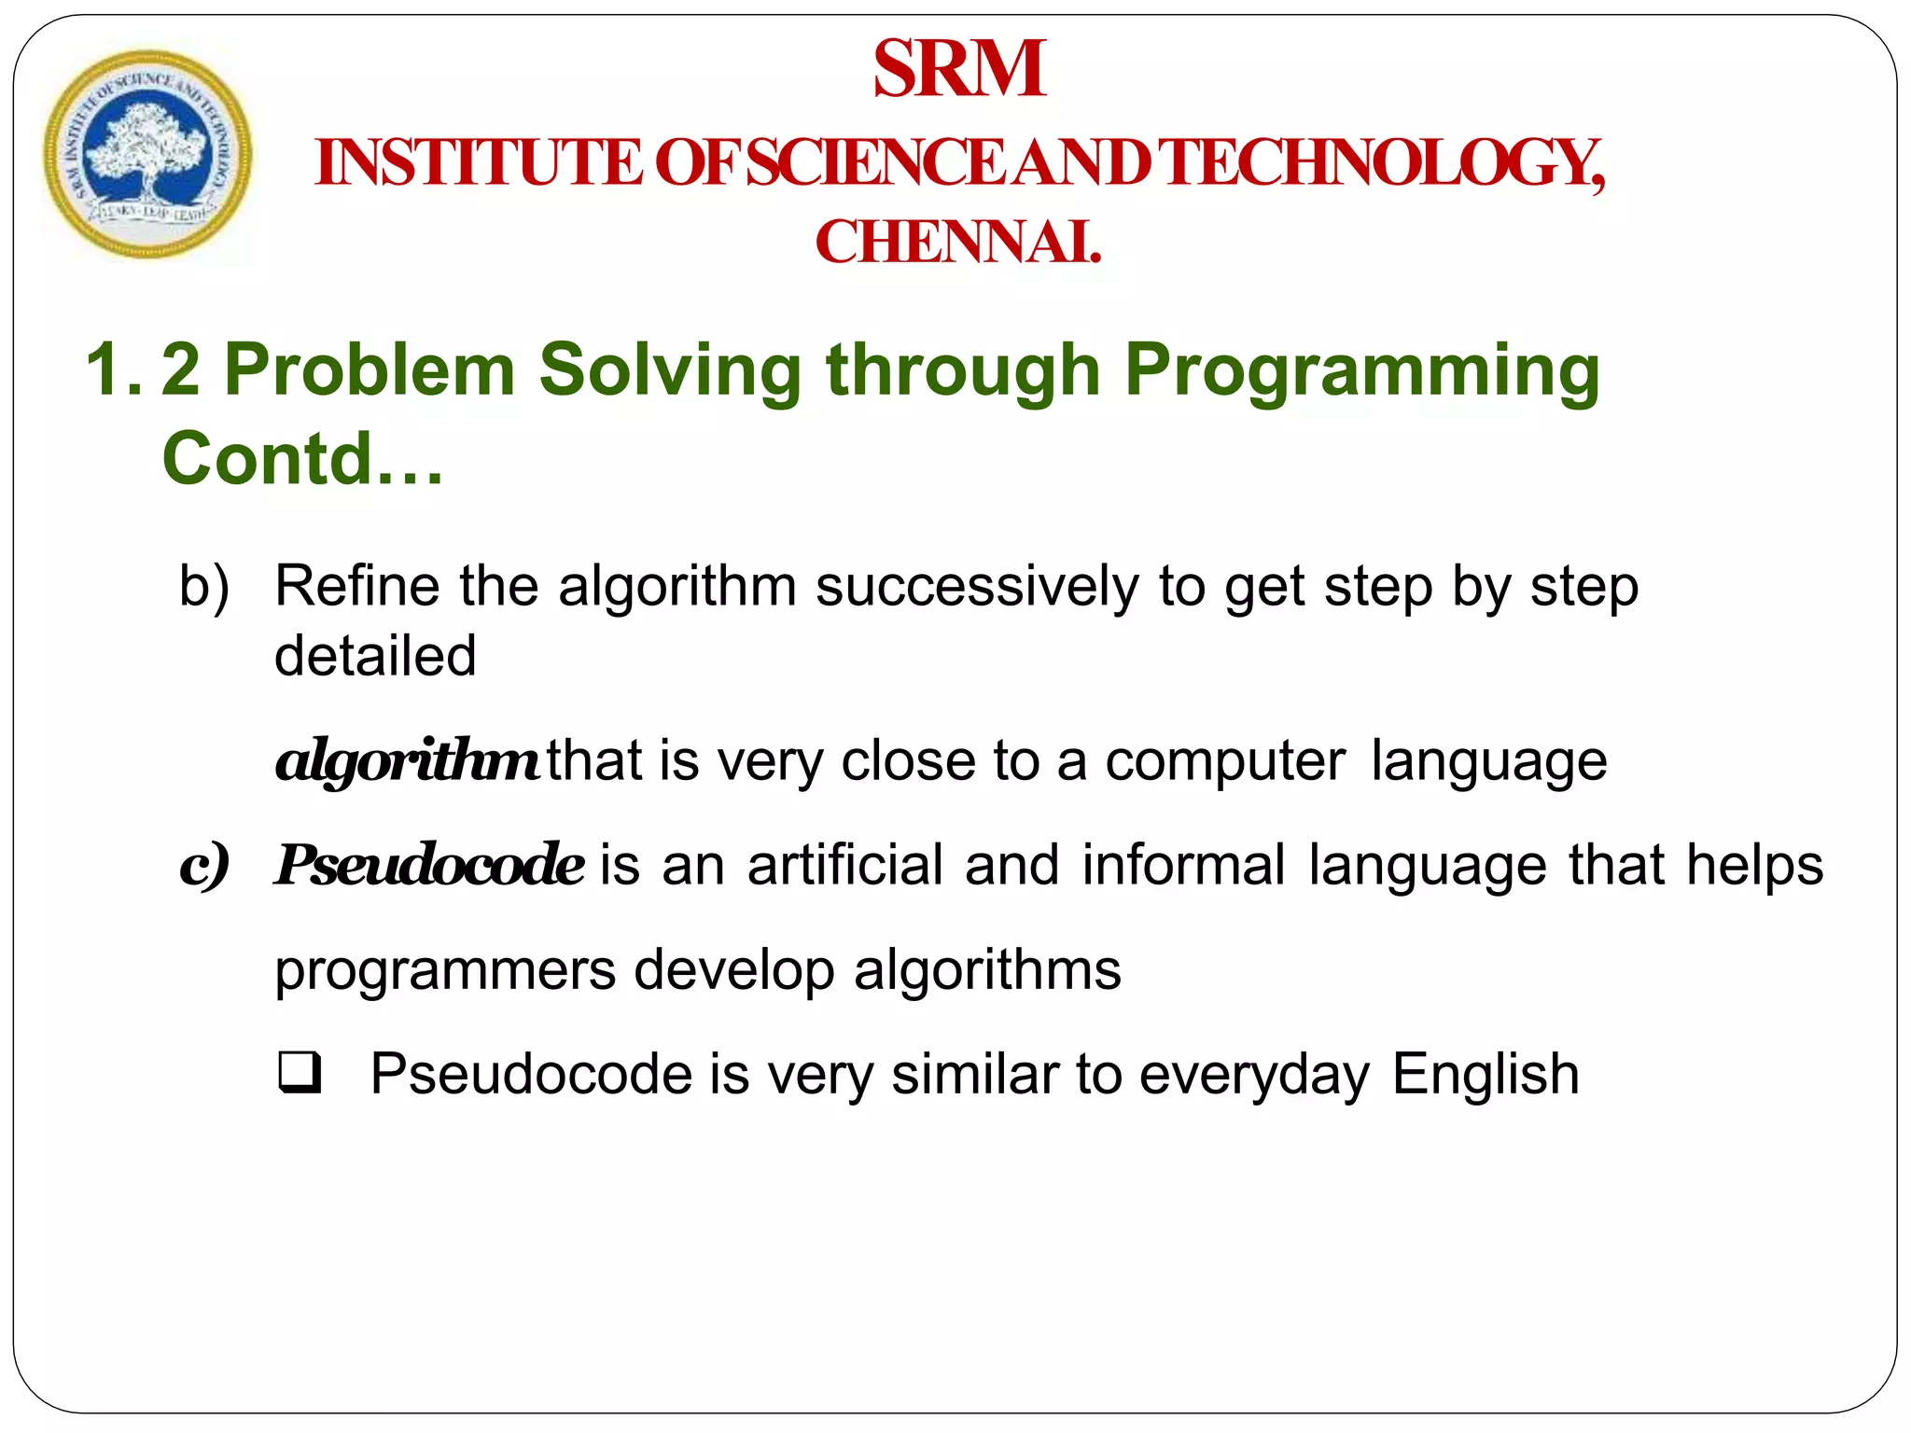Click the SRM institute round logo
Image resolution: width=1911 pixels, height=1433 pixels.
(x=147, y=154)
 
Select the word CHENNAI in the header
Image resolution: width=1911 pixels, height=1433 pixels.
(x=957, y=242)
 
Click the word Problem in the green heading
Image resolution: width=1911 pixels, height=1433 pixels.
(x=370, y=370)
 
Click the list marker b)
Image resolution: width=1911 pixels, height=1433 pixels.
(x=204, y=588)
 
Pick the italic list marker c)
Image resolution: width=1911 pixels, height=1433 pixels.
(x=204, y=866)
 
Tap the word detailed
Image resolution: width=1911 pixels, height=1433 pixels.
(x=375, y=655)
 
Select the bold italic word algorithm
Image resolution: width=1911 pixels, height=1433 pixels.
(x=406, y=761)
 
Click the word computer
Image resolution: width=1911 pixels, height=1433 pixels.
(x=1225, y=761)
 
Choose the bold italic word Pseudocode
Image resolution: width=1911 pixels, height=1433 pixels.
(x=430, y=864)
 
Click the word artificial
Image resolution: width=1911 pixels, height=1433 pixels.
(x=845, y=864)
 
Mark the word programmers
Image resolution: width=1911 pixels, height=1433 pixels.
(x=445, y=971)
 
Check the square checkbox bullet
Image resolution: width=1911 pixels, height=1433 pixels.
(x=300, y=1073)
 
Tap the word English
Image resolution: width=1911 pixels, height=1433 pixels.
(x=1486, y=1074)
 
